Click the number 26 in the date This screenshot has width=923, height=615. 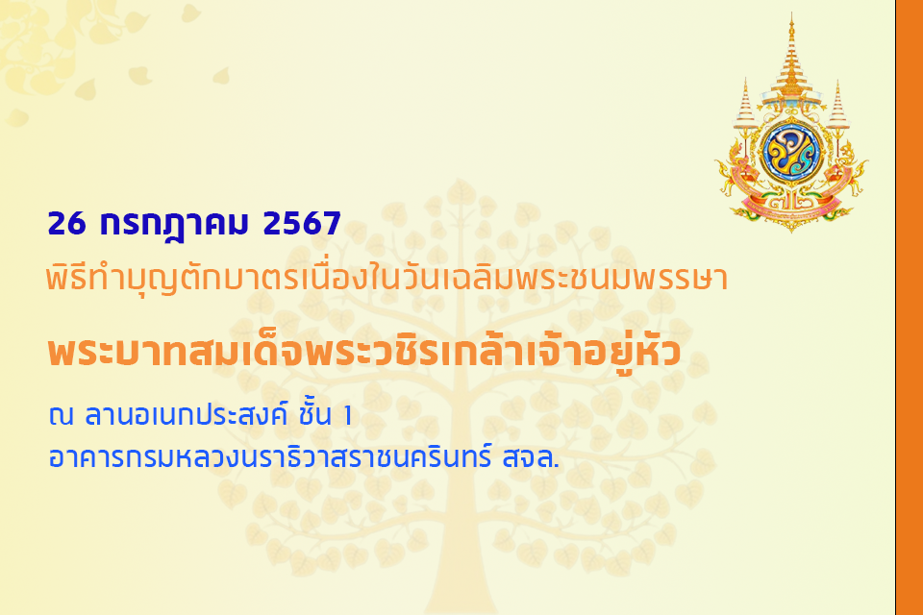[66, 224]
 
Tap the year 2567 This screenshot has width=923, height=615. [302, 224]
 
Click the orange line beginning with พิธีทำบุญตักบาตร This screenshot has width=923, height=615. [387, 279]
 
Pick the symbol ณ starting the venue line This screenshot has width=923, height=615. [61, 416]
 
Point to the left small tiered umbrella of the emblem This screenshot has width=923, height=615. [745, 106]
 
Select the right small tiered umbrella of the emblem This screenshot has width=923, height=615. [837, 107]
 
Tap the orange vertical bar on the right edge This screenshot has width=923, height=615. [910, 307]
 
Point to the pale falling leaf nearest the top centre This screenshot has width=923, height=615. [221, 76]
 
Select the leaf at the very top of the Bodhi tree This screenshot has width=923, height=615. [461, 193]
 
